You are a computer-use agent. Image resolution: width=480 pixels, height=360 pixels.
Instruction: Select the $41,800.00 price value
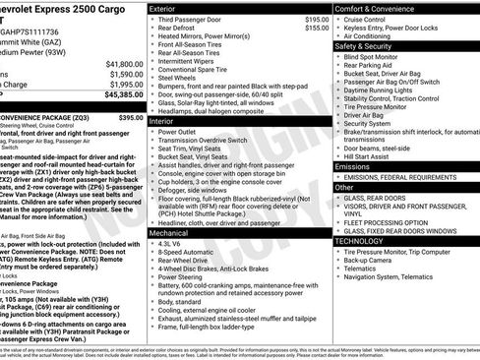coord(116,62)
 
